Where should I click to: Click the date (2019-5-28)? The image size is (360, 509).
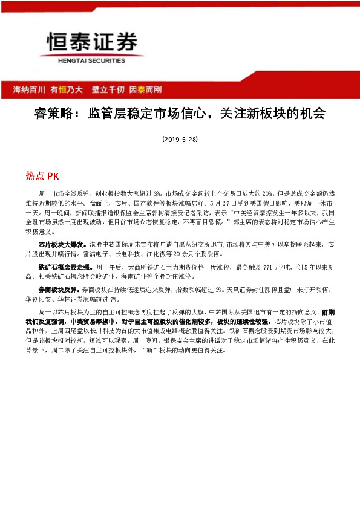(180, 139)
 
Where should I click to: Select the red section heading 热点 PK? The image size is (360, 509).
(42, 176)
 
